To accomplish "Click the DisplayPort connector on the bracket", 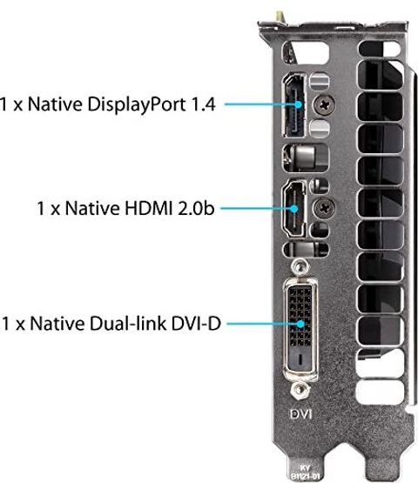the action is [x=294, y=105].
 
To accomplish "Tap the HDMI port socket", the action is [x=293, y=209].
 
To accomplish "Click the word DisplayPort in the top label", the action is [x=137, y=105].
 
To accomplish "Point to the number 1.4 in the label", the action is [x=203, y=104].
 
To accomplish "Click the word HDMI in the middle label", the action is [x=148, y=208].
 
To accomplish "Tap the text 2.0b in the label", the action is [x=196, y=208].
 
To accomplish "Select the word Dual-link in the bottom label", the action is [x=128, y=324].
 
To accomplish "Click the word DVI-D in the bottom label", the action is [x=196, y=324].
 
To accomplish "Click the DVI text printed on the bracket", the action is [x=300, y=414].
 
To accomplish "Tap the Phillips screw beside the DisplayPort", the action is [x=324, y=104].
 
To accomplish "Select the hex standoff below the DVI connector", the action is [x=300, y=390].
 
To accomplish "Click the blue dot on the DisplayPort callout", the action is [x=298, y=104].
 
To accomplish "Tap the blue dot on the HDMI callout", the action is [x=294, y=209].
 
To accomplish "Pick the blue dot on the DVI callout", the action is [x=300, y=324].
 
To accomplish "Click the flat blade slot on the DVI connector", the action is [x=300, y=359].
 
